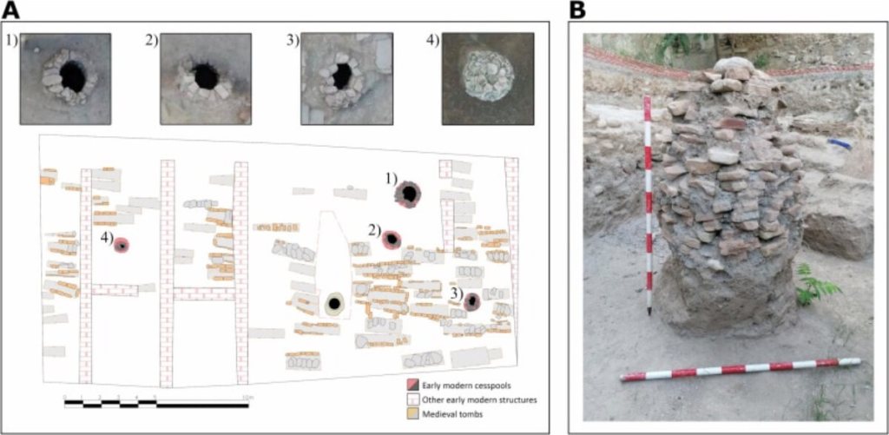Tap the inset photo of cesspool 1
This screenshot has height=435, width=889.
[66, 78]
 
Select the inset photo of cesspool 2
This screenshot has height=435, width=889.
[206, 78]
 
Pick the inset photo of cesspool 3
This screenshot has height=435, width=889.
[342, 78]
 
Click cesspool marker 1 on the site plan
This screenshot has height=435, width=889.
[406, 194]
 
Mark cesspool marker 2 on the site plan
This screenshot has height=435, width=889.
[392, 239]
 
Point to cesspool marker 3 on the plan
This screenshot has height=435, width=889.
[471, 302]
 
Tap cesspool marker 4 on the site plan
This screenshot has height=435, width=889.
[122, 247]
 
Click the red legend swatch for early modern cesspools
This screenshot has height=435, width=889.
[414, 384]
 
